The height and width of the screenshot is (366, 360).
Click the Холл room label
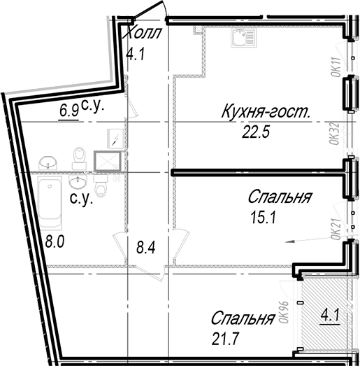pos(142,32)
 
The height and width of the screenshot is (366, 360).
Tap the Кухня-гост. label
pos(266,111)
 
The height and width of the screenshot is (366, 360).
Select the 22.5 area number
pos(256,132)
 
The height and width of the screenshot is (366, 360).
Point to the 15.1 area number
pos(264,218)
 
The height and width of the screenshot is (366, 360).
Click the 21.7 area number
pos(225,339)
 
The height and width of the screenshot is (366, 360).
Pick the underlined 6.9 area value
pos(69,111)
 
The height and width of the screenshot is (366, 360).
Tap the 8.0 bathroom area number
pos(55,241)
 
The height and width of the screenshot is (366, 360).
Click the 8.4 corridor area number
pos(145,248)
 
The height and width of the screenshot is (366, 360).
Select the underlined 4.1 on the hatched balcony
pos(330,316)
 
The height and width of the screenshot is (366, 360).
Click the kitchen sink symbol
pos(244,38)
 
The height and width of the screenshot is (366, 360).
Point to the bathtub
pos(50,202)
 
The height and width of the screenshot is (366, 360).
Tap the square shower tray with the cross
pos(108,161)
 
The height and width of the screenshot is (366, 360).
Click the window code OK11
pos(336,66)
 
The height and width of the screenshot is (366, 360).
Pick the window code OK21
pos(336,230)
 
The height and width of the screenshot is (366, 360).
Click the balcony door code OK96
pos(284,312)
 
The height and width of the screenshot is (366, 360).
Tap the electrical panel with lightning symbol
pos(115,139)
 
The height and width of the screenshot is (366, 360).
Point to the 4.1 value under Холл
pos(136,55)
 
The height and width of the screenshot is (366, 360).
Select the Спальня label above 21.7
pos(243,318)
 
